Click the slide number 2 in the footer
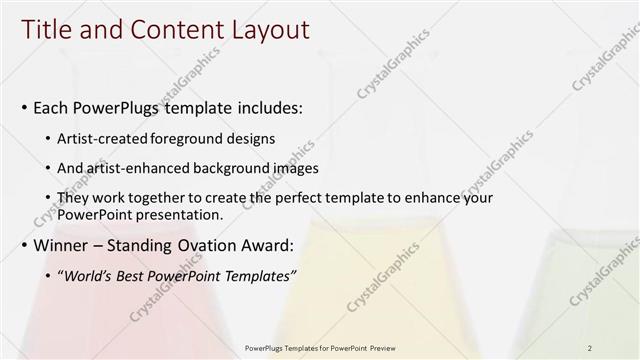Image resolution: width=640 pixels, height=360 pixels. pos(591,348)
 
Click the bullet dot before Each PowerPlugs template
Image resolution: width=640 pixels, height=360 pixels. pos(24,106)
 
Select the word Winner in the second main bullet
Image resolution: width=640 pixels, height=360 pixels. pos(60,245)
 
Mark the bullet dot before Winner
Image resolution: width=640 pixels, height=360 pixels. pos(24,245)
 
